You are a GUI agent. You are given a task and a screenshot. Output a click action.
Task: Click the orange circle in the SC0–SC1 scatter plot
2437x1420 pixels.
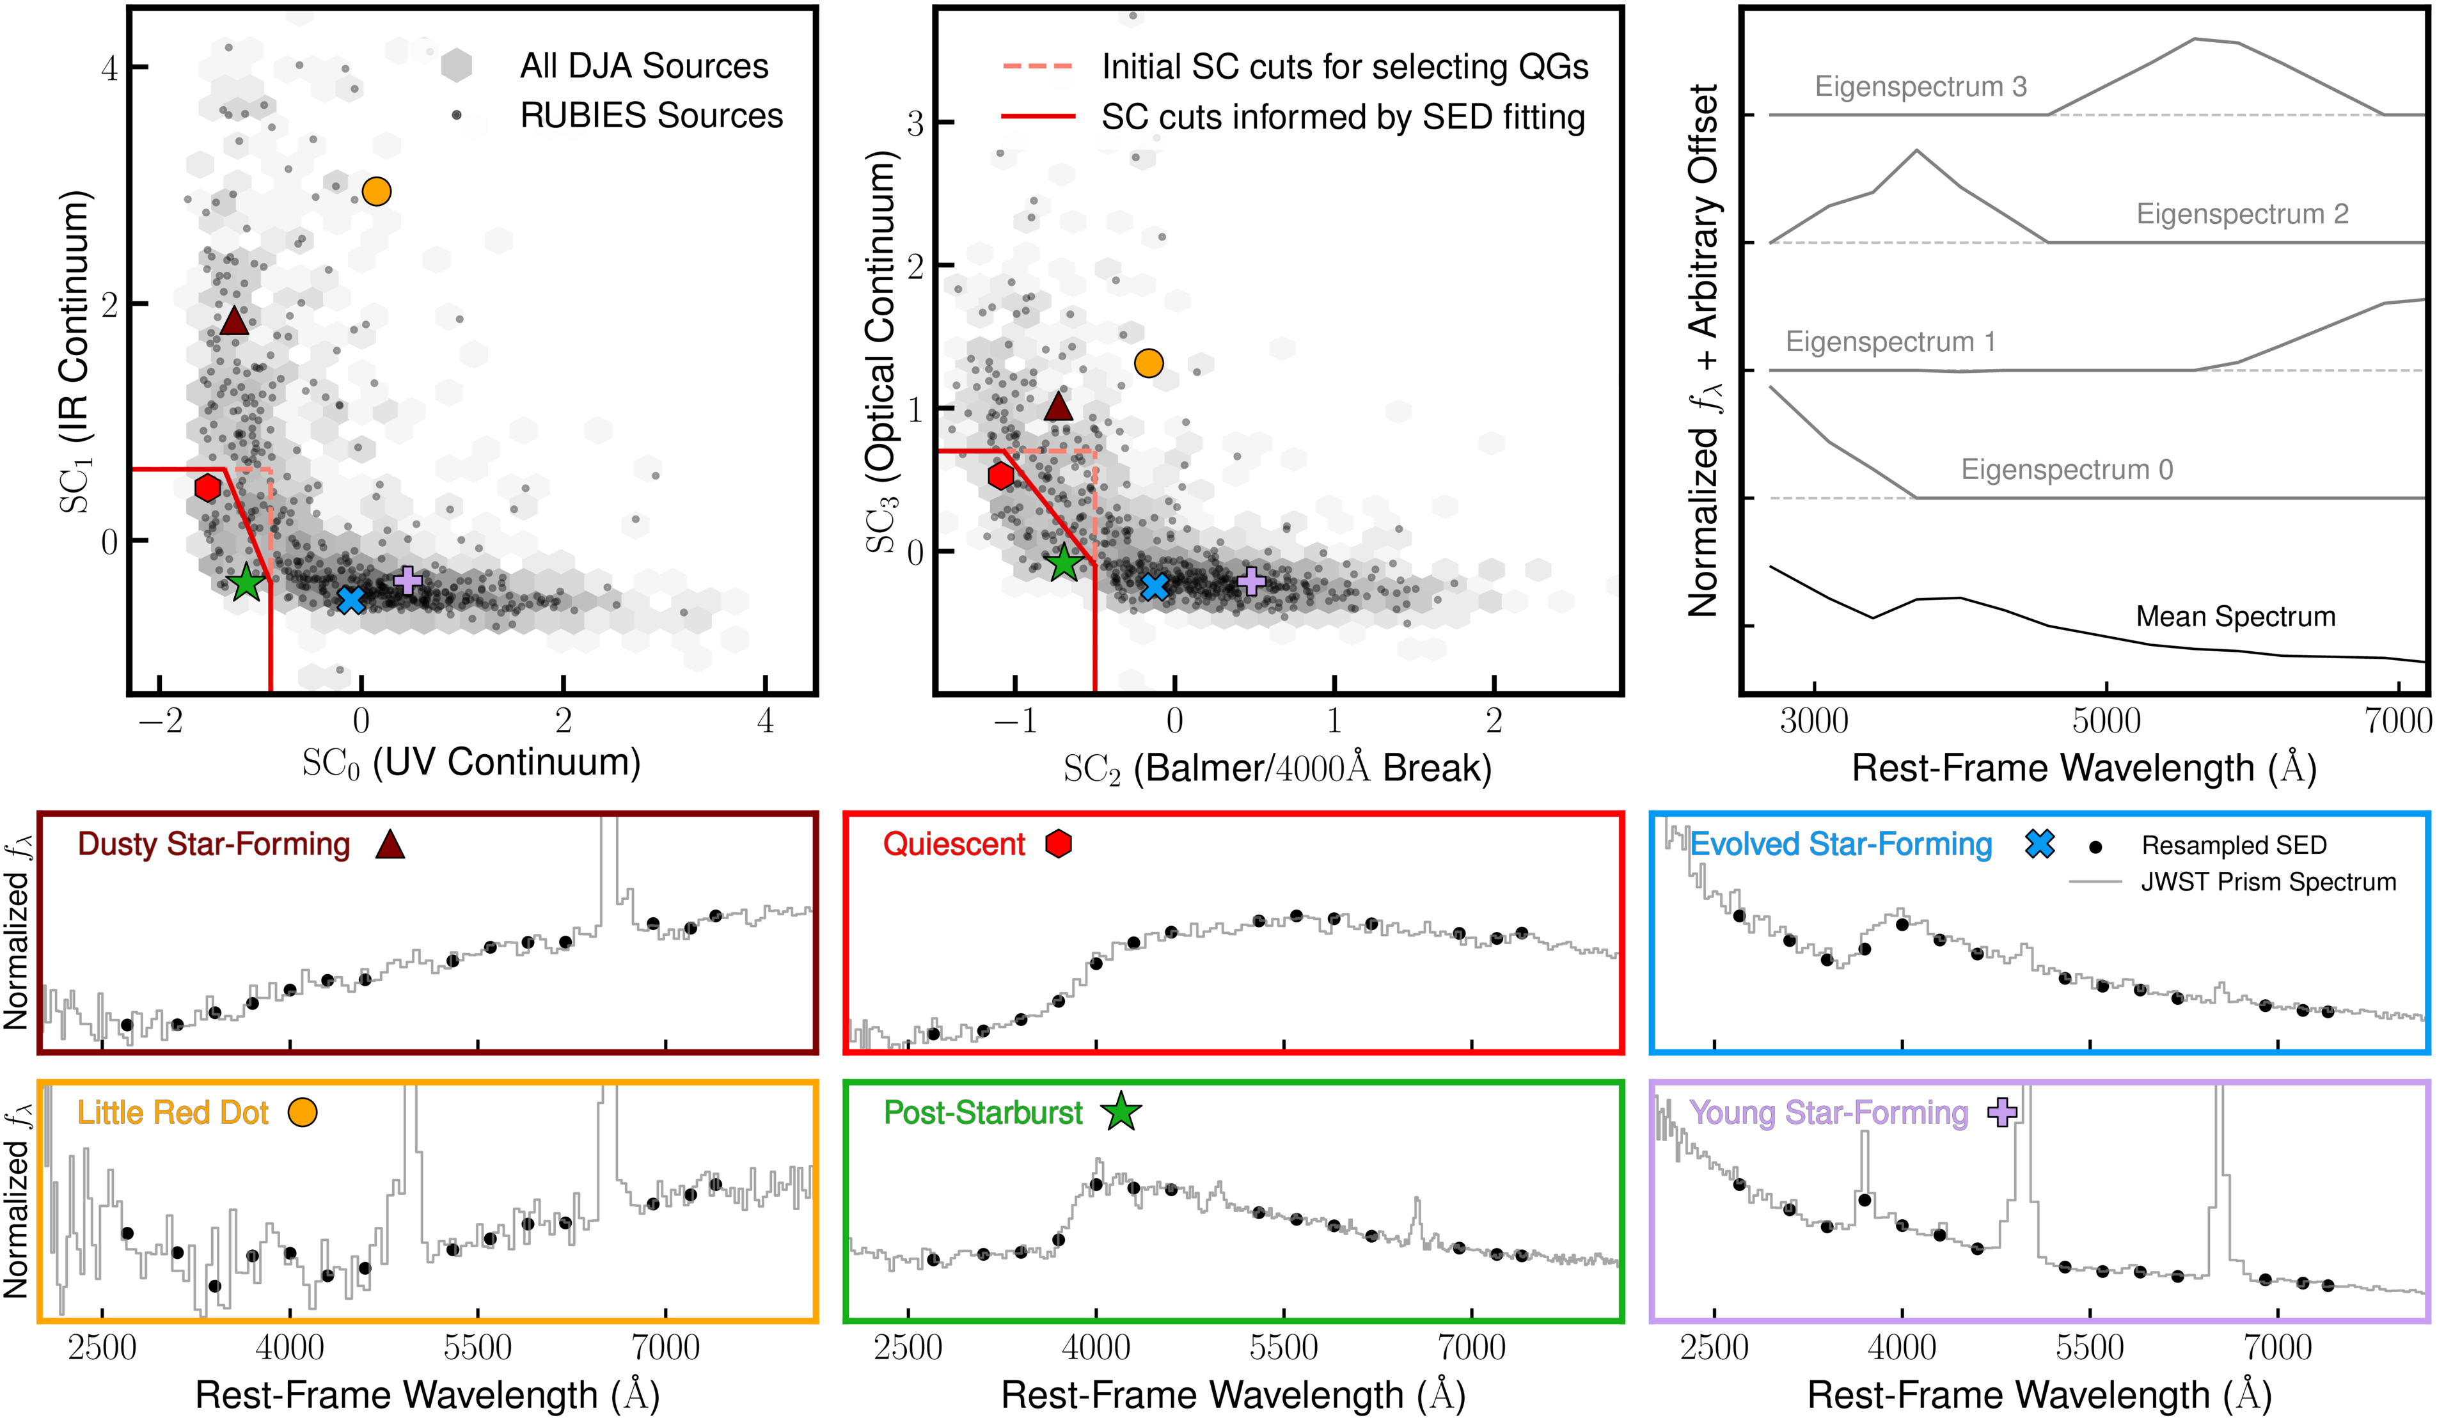[376, 191]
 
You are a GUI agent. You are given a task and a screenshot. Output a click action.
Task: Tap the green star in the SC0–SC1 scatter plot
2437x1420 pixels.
[247, 582]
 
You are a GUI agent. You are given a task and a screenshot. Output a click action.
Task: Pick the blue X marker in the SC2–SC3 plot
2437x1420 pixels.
[1155, 586]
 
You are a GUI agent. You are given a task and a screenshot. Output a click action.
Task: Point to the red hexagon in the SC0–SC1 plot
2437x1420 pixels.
[207, 487]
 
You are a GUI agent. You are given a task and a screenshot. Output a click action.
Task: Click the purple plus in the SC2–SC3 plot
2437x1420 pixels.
[1251, 580]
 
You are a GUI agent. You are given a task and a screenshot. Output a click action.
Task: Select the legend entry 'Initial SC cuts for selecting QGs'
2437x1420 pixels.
[1345, 67]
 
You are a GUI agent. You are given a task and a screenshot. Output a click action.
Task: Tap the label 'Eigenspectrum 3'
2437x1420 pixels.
[1920, 86]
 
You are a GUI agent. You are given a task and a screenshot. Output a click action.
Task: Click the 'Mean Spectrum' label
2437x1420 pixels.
[2235, 616]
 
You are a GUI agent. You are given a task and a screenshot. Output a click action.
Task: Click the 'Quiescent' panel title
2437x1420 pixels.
[954, 844]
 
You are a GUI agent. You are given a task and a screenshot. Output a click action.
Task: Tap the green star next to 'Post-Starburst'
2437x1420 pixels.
[1121, 1112]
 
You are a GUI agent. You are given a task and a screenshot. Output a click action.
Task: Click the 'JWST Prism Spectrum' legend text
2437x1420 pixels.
[2267, 882]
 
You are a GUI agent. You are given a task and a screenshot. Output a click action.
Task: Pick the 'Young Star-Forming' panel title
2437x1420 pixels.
[1828, 1112]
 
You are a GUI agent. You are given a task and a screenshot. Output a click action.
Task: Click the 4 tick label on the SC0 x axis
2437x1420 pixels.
[765, 721]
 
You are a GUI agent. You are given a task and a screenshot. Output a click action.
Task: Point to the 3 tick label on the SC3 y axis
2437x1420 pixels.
[915, 123]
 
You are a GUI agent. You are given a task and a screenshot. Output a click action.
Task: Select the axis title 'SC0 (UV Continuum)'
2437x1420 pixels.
[471, 763]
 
